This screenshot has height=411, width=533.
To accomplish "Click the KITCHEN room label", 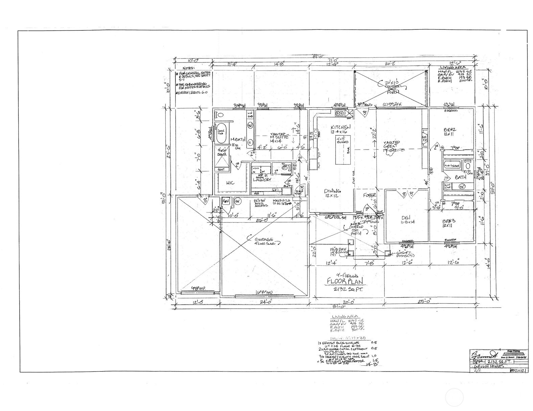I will [341, 127].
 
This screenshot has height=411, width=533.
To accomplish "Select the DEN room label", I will [405, 218].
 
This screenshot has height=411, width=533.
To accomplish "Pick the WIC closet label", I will [230, 183].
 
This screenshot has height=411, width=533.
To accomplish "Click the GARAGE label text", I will [266, 239].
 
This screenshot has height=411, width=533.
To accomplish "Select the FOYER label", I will [370, 195].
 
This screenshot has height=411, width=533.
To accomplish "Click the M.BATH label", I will [237, 139].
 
